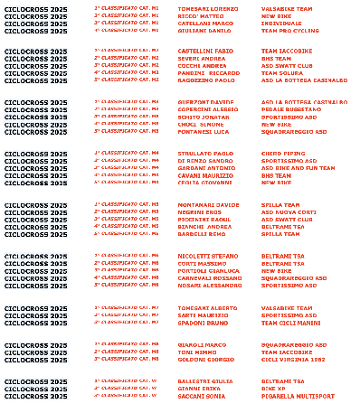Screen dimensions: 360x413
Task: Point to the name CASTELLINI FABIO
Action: [x=205, y=51]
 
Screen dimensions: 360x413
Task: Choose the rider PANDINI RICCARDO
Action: [x=208, y=72]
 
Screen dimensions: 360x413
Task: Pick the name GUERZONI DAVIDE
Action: [x=204, y=102]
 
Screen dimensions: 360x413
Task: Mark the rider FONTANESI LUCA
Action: [x=203, y=131]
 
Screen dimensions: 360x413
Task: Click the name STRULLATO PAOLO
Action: [x=204, y=154]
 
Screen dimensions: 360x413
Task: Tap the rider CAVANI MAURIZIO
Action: [x=204, y=175]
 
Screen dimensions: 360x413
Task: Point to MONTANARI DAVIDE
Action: [x=208, y=205]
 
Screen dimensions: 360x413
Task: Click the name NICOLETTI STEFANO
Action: [x=207, y=257]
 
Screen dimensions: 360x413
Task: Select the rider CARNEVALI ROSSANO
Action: [x=209, y=278]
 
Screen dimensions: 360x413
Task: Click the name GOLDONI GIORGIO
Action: [x=205, y=359]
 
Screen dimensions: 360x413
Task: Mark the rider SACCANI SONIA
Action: [x=200, y=396]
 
